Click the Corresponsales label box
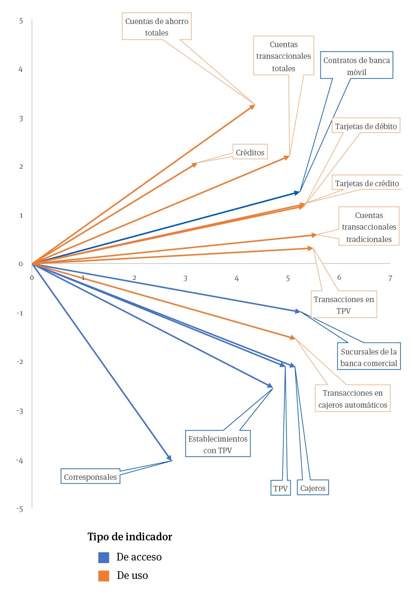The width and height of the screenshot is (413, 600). pos(90,476)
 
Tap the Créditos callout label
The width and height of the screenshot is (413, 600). pos(250,152)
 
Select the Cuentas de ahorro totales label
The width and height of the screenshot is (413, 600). pos(157,27)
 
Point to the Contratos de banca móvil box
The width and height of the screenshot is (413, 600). pos(356,66)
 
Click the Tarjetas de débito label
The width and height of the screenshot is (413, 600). pos(366,126)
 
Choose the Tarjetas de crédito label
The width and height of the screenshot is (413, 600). pos(367,183)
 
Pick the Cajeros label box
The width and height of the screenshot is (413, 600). pos(313,488)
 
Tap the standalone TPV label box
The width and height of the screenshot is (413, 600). pos(280,488)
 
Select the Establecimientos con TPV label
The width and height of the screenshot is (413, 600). pos(218,444)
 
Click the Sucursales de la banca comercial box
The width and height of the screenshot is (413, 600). pos(369,357)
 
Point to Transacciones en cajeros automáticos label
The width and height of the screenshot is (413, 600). pos(353,398)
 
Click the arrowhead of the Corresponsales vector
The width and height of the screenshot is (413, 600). pos(170,459)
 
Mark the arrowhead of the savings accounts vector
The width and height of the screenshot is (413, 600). pos(253,106)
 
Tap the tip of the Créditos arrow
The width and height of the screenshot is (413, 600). pos(196,164)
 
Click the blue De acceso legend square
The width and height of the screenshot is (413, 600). pos(104,557)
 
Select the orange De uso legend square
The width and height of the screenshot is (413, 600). pos(104,576)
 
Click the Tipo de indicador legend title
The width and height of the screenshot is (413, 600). pos(130,536)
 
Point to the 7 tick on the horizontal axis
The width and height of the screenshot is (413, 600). pos(390,278)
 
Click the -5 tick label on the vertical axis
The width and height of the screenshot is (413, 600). pos(20,509)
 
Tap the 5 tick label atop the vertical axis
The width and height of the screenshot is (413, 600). pos(21,21)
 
